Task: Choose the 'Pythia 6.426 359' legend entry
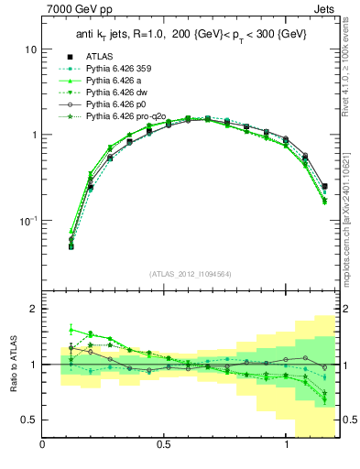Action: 118,69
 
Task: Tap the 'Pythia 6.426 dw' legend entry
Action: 116,93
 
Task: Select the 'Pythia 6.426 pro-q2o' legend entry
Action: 125,118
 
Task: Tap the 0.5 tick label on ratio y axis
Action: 28,420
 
